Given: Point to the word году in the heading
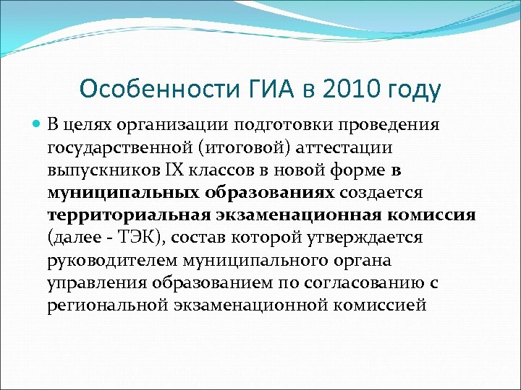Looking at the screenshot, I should click(414, 90).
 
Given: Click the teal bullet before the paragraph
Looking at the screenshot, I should click(38, 125).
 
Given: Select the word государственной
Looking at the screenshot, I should click(114, 148).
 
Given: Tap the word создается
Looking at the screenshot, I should click(386, 193).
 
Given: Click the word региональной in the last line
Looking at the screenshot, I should click(106, 305).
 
